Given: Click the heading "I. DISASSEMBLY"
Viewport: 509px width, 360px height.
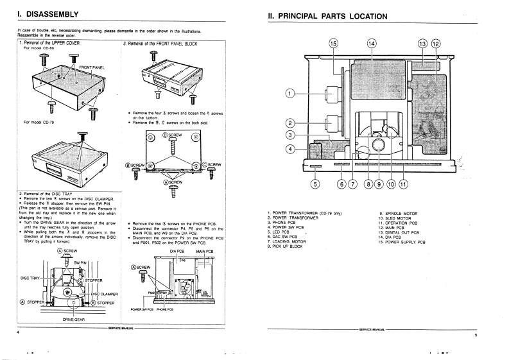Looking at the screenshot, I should click(x=47, y=14).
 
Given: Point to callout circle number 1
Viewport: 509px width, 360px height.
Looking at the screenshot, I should click(x=290, y=94).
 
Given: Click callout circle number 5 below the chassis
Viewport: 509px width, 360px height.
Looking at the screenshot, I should click(x=315, y=185).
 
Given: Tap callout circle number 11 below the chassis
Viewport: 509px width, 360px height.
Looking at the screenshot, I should click(x=403, y=185).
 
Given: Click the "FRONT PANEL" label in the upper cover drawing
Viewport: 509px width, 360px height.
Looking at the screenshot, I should click(x=92, y=67).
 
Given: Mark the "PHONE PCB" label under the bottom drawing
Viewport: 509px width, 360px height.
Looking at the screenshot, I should click(x=166, y=309).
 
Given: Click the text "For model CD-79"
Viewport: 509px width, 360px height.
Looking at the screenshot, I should click(x=39, y=121).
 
